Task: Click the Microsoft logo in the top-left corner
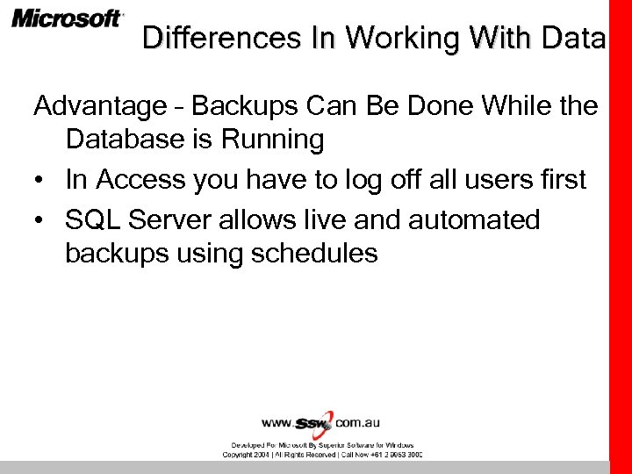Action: coord(68,19)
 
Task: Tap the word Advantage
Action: coord(99,107)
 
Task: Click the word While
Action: coord(517,106)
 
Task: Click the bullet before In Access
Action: coord(40,180)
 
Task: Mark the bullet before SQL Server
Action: coord(40,219)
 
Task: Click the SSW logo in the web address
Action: coord(313,422)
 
